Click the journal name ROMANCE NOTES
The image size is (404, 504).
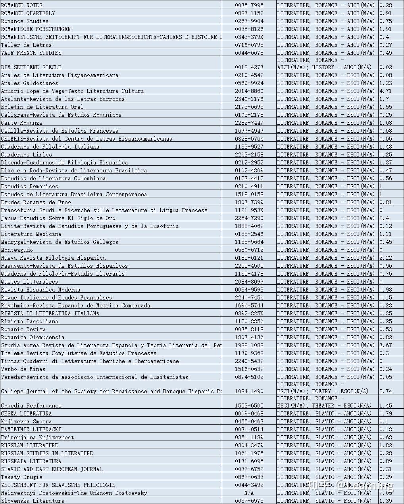pyautogui.click(x=22, y=5)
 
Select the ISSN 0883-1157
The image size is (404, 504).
pyautogui.click(x=249, y=13)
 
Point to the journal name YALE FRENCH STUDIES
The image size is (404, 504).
pyautogui.click(x=31, y=53)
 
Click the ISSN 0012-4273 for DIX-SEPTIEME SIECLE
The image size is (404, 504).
pyautogui.click(x=249, y=67)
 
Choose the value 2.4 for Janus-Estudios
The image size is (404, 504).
pyautogui.click(x=384, y=218)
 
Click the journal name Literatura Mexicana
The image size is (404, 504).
pyautogui.click(x=31, y=234)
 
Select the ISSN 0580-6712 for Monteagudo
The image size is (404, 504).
pyautogui.click(x=249, y=250)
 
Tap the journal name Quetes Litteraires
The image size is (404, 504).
pyautogui.click(x=29, y=282)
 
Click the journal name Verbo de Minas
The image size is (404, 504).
pyautogui.click(x=23, y=369)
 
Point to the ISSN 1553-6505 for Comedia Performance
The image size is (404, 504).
pyautogui.click(x=249, y=406)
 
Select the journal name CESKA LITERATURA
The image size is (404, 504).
pyautogui.click(x=26, y=413)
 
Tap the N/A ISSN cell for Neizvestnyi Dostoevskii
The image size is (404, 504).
pyautogui.click(x=249, y=493)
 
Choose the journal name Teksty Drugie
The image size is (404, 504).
pyautogui.click(x=21, y=477)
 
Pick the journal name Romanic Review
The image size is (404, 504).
pyautogui.click(x=23, y=329)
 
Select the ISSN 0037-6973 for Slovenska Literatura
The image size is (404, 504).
pyautogui.click(x=249, y=501)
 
